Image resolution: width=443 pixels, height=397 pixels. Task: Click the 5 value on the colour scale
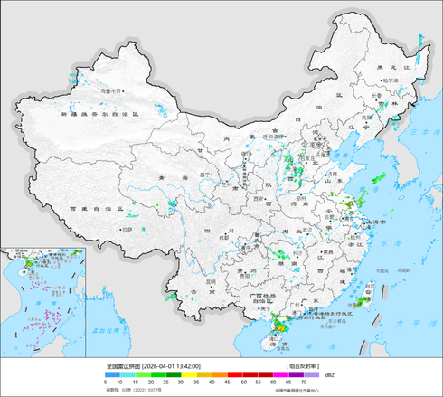coord(106,383)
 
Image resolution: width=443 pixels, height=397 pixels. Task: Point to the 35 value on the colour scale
coord(196,383)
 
